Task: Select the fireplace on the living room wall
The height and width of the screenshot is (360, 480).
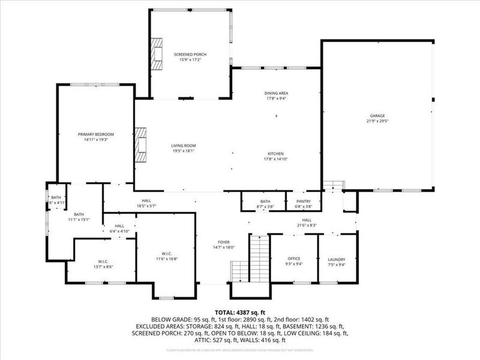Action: [140, 145]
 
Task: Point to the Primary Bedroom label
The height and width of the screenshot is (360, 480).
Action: [96, 134]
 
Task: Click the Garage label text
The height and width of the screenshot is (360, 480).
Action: [377, 116]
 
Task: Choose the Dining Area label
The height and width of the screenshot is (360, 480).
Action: [276, 94]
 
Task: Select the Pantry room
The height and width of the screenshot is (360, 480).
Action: [304, 202]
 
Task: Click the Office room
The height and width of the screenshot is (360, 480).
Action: [294, 259]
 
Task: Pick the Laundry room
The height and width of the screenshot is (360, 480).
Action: [337, 259]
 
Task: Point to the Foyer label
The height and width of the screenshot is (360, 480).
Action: [223, 242]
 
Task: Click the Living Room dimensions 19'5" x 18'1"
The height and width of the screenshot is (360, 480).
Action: [184, 151]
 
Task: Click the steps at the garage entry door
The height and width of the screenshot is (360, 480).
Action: [332, 185]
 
